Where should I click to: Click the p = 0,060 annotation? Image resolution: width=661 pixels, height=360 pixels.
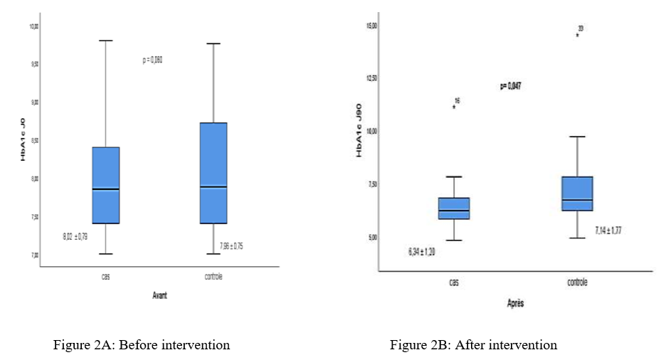[153, 60]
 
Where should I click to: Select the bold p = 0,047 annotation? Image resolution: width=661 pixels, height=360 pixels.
[510, 86]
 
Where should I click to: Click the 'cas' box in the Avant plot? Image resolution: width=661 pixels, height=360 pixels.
[105, 185]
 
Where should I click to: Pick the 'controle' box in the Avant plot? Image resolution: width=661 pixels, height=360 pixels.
[213, 173]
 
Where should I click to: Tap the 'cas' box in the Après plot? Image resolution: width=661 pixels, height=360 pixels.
[454, 208]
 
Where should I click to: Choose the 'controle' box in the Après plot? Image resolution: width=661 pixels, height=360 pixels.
[577, 194]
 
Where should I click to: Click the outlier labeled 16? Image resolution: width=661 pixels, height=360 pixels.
[453, 107]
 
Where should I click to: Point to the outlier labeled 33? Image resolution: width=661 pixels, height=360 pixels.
[577, 34]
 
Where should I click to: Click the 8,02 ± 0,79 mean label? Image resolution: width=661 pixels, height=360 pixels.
[75, 235]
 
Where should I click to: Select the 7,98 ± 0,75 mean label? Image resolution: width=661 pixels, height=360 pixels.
[231, 246]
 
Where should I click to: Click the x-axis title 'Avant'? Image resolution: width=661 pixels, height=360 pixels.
[160, 295]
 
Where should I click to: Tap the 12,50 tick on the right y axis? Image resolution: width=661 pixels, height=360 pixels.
[371, 79]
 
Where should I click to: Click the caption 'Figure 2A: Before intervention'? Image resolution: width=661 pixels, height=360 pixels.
[142, 345]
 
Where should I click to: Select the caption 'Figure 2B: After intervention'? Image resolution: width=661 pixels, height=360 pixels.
[473, 345]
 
